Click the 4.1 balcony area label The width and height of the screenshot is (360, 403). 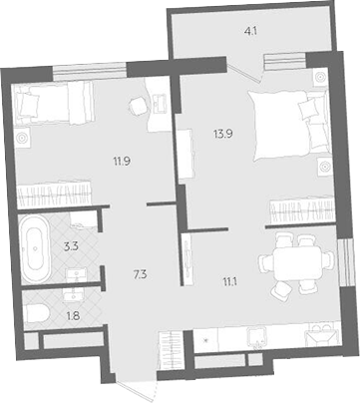[x=250, y=32]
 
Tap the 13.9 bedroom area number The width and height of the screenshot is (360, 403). [x=222, y=134]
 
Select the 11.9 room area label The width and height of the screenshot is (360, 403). [x=121, y=162]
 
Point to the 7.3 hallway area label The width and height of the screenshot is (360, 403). [x=140, y=275]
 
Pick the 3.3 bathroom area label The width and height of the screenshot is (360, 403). [x=71, y=247]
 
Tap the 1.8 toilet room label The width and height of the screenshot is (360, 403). [x=73, y=314]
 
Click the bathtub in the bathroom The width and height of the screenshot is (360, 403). [x=36, y=248]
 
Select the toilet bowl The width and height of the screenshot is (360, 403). [x=38, y=314]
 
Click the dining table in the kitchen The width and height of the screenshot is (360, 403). [x=297, y=264]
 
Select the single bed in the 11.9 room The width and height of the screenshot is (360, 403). [x=53, y=103]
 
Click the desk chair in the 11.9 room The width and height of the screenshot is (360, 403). [x=138, y=106]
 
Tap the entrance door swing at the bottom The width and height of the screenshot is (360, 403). [x=137, y=388]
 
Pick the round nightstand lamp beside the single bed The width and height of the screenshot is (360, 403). [x=22, y=138]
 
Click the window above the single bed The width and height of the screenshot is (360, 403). [x=90, y=72]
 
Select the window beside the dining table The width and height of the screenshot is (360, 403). [x=345, y=261]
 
